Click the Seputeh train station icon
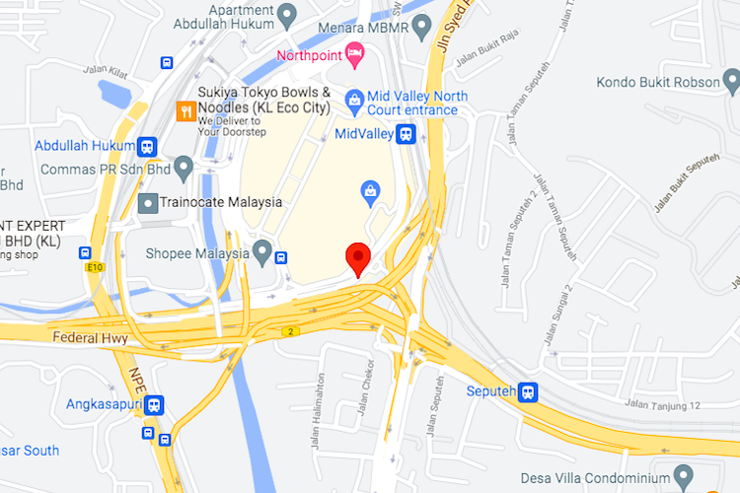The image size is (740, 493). click(530, 391)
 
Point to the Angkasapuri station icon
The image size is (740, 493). click(155, 404)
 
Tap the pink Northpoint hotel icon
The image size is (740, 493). click(355, 54)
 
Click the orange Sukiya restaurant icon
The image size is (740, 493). click(184, 110)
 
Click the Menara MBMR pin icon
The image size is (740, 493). click(422, 28)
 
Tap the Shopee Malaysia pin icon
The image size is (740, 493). click(261, 252)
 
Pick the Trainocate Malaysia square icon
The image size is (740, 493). click(147, 203)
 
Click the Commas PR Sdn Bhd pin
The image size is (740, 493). click(184, 169)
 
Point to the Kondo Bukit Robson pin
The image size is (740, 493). click(731, 82)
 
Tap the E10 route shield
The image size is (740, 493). click(94, 266)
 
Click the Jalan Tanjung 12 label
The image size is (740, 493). click(662, 405)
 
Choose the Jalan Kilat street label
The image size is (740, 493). click(106, 69)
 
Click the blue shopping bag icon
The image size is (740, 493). click(370, 188)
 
